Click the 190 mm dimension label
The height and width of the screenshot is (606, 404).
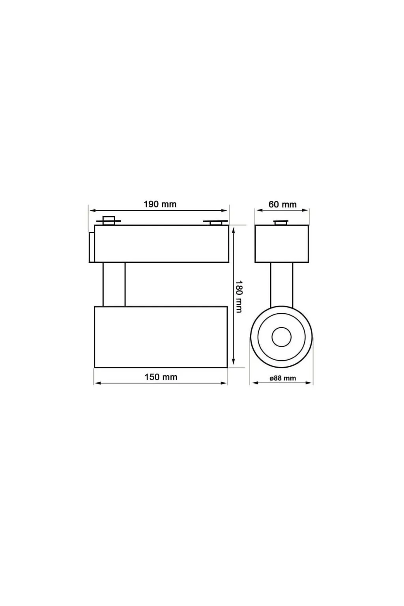point(160,204)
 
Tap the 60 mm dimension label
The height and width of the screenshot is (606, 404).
point(282,204)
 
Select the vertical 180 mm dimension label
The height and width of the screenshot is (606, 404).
point(239,296)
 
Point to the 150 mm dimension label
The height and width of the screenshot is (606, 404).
point(161,377)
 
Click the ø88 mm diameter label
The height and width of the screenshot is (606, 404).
point(282,378)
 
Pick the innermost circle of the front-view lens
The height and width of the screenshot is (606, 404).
point(281,337)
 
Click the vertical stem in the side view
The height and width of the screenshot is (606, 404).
point(114,284)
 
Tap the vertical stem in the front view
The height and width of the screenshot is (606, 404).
point(282,284)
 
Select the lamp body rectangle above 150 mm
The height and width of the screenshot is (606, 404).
point(161,337)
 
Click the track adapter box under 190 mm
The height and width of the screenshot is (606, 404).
point(161,243)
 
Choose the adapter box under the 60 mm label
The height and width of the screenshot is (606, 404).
point(282,243)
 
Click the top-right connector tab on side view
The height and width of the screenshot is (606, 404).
point(215,223)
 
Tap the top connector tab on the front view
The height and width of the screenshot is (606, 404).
point(281,223)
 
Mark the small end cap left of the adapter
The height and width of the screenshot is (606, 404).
point(92,247)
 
